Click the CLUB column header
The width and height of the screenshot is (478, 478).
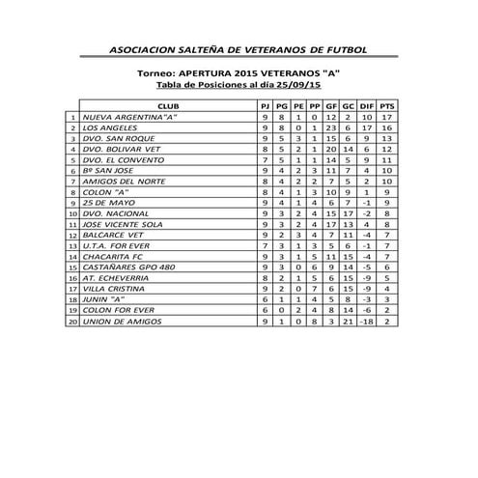[167, 104]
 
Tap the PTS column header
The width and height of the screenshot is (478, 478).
[386, 104]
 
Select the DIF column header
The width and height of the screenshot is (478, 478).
[366, 104]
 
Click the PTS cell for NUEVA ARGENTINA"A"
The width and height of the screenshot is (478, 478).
[386, 116]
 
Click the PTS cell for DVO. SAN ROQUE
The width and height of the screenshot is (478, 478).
[386, 139]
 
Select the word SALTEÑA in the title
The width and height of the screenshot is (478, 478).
[206, 46]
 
